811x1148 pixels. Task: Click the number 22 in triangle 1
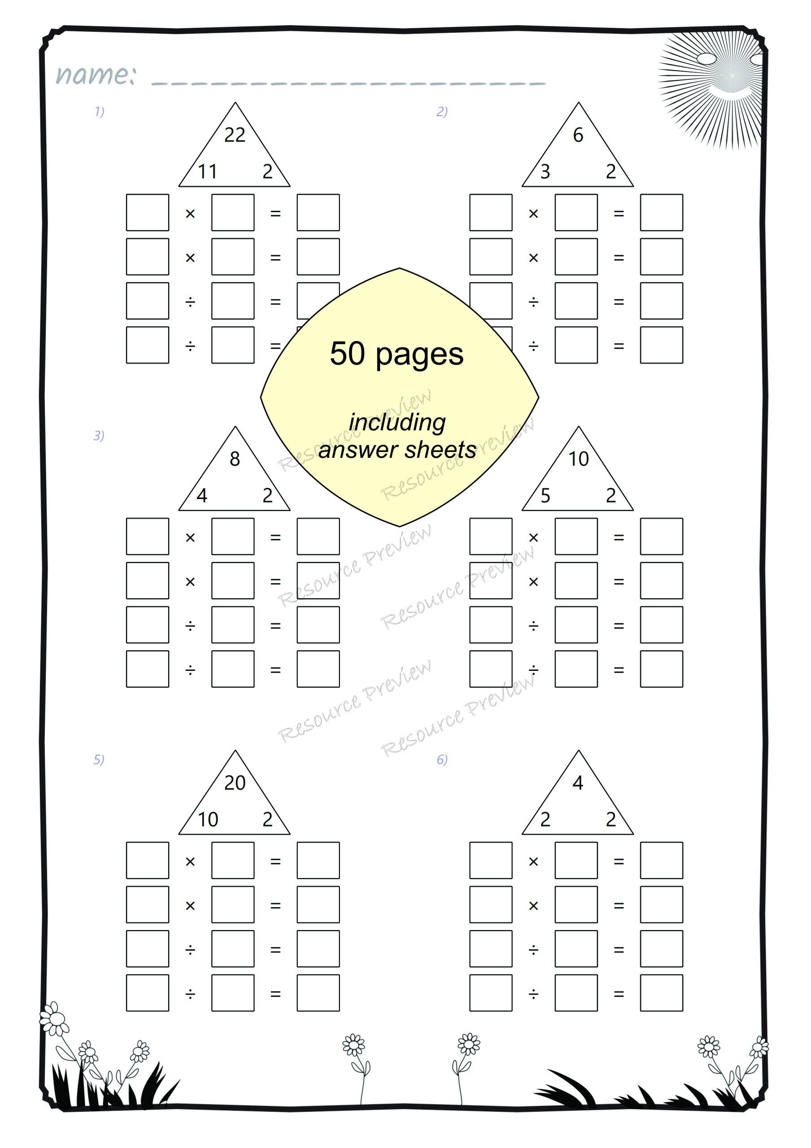pos(234,135)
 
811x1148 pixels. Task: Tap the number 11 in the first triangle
pos(208,171)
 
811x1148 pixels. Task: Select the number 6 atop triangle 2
pos(578,135)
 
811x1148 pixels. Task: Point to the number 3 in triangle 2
pos(545,171)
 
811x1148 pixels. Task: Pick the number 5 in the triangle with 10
pos(545,496)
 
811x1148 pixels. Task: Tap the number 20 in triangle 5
pos(234,783)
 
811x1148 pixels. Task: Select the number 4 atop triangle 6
pos(578,783)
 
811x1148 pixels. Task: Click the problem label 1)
pos(100,112)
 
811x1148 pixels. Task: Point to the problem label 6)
pos(442,760)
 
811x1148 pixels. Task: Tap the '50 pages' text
pos(396,354)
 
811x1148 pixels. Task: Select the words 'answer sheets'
pos(398,449)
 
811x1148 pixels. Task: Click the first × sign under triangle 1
pos(190,213)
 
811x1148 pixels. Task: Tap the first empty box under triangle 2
pos(490,213)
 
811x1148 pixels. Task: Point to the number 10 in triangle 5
pos(208,819)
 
